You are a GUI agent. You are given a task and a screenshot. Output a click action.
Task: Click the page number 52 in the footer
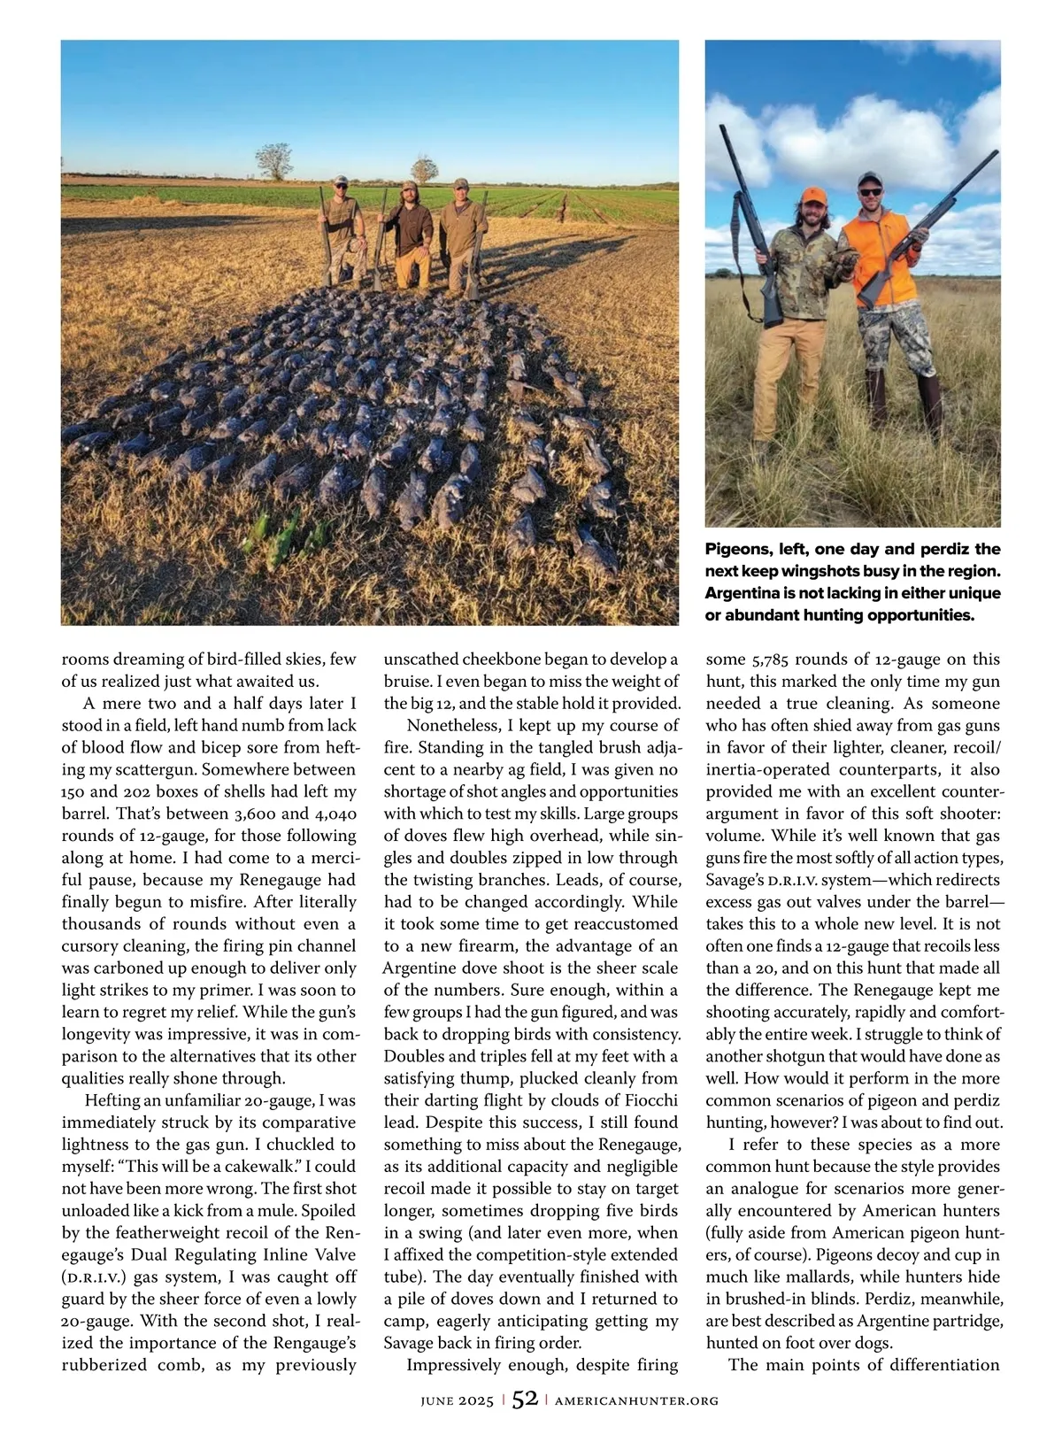pyautogui.click(x=525, y=1399)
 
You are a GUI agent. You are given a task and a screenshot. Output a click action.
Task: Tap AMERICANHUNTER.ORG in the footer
pyautogui.click(x=636, y=1400)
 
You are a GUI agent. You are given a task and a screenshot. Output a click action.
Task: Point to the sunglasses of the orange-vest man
pyautogui.click(x=870, y=192)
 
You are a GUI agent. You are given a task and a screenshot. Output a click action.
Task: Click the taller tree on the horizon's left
pyautogui.click(x=274, y=160)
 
